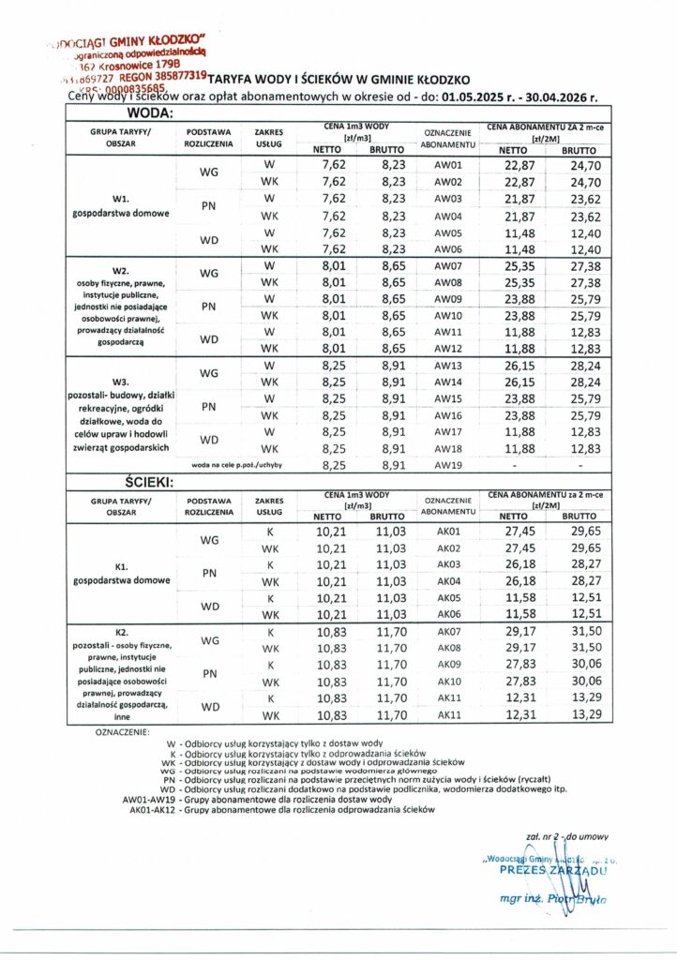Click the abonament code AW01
tap(449, 165)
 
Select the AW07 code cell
tap(449, 266)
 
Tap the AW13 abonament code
tap(449, 365)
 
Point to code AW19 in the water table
tap(449, 462)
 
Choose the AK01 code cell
tap(449, 532)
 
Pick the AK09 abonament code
tap(449, 665)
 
